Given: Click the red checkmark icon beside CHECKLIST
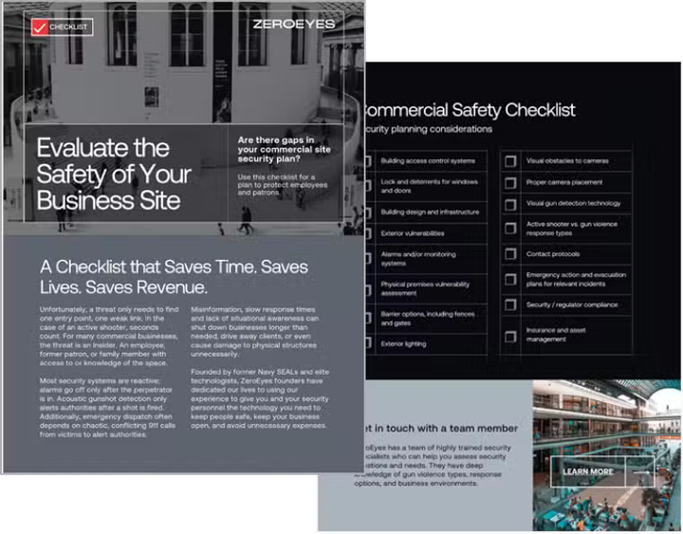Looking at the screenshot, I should (39, 27).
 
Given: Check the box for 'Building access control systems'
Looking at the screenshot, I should (368, 160).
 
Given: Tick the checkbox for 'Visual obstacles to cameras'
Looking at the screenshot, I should (510, 161).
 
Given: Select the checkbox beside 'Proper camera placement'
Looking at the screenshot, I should (510, 182).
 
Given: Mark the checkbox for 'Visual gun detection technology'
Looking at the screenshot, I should (510, 203).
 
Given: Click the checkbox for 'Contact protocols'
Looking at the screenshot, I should (510, 254).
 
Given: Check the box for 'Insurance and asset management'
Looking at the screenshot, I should (510, 333).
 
